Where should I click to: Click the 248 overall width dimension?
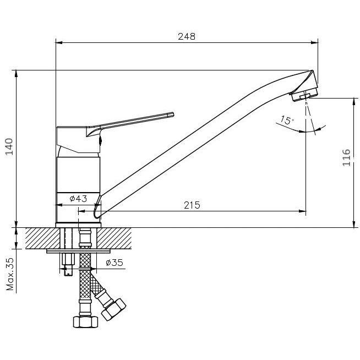pos(187,36)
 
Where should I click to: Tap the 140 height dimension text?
pos(9,147)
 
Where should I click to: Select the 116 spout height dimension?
pos(346,157)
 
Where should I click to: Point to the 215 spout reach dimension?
pos(192,205)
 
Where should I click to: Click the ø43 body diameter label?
pos(78,199)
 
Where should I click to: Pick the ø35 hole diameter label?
pos(114,263)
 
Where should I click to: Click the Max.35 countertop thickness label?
pos(10,274)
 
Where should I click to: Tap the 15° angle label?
pos(287,121)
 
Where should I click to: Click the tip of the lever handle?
pos(173,114)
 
